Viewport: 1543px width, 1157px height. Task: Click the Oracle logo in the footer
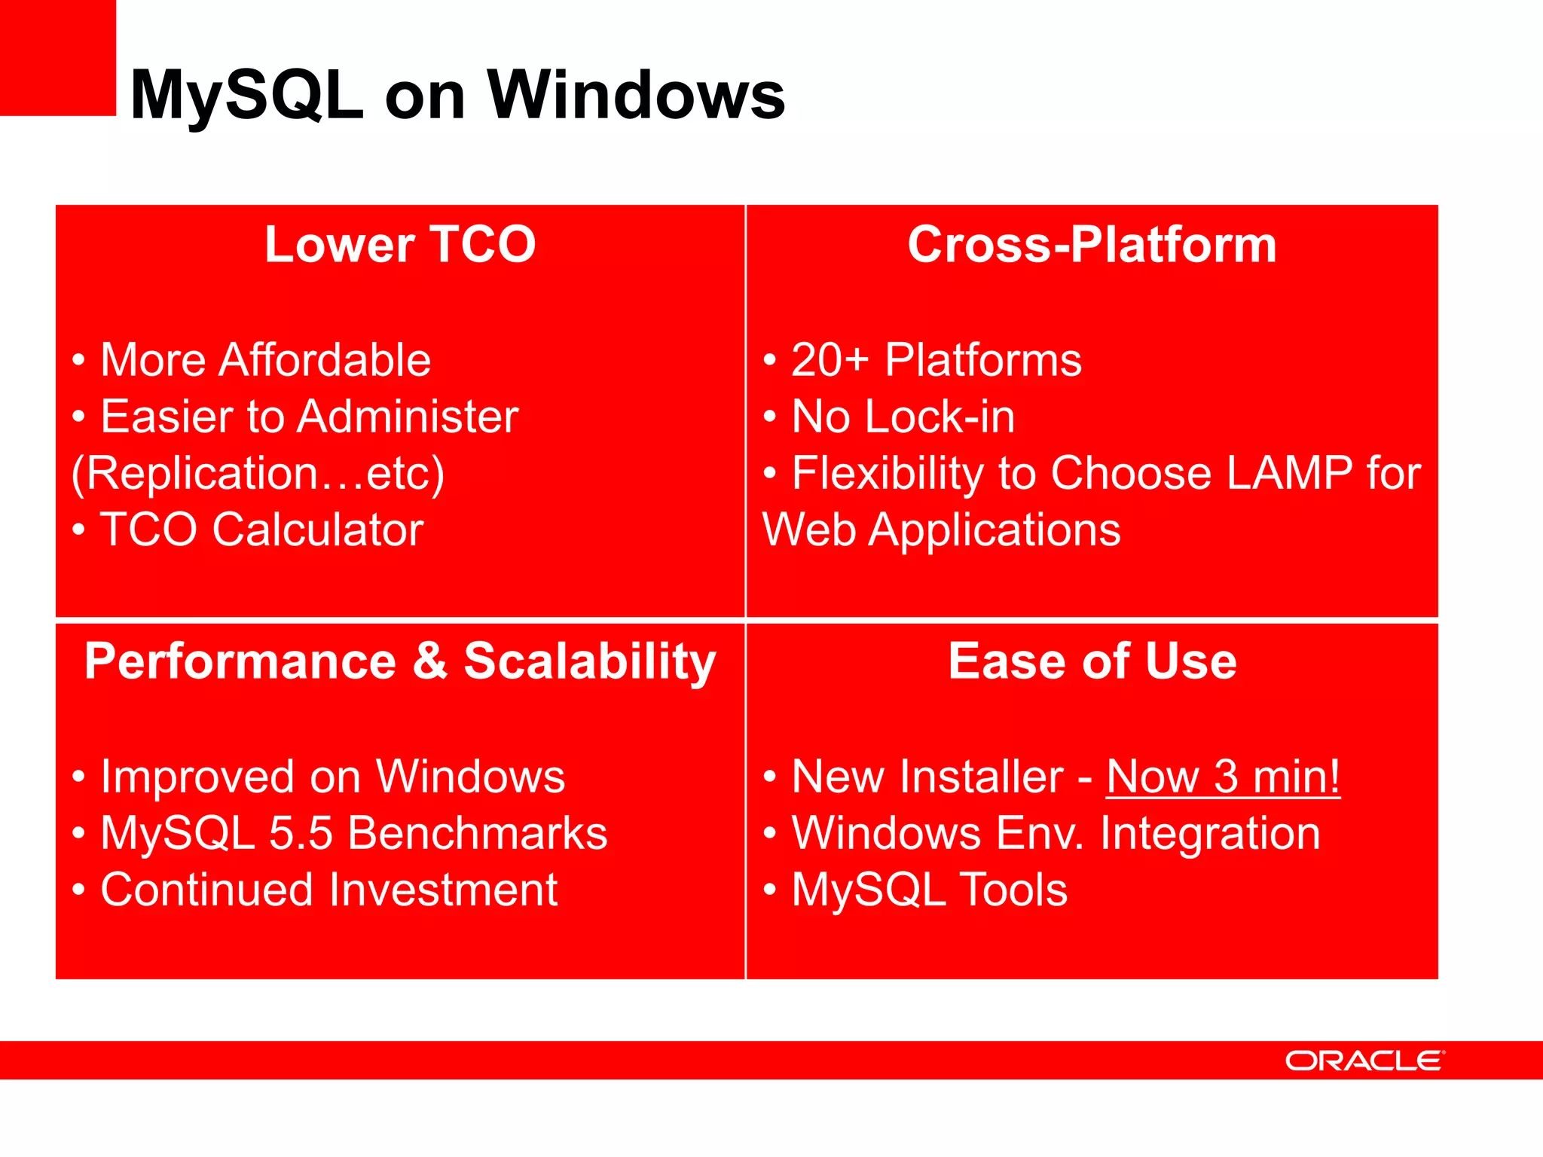[x=1364, y=1061]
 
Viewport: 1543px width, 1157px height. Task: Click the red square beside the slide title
[x=57, y=57]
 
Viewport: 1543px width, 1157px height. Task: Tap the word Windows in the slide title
[x=636, y=96]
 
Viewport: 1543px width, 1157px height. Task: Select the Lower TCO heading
[x=400, y=245]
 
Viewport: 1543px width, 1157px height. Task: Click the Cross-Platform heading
[x=1092, y=245]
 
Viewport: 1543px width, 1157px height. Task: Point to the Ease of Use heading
[x=1092, y=661]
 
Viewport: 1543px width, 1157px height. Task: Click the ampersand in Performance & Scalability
[x=429, y=661]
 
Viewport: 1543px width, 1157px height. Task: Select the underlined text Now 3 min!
[x=1223, y=777]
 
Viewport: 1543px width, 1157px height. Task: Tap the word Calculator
[x=317, y=530]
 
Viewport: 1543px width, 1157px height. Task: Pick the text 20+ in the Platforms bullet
[x=830, y=360]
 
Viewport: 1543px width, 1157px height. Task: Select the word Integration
[x=1210, y=833]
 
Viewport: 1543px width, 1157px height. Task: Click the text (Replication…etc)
[x=258, y=473]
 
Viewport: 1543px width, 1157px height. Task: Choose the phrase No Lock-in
[x=903, y=417]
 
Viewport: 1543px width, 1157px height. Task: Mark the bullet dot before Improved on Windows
[x=78, y=777]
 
